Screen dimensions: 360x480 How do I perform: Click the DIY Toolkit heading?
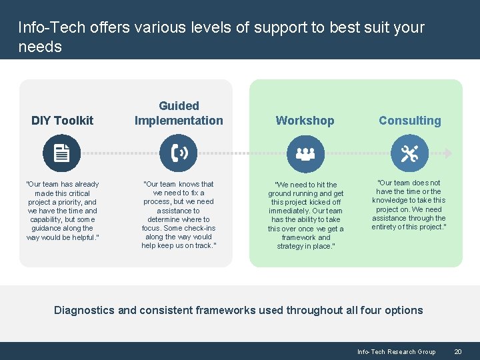63,121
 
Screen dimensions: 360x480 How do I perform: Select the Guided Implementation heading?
179,113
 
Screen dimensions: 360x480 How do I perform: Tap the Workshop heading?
305,121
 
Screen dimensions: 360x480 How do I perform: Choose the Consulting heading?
410,121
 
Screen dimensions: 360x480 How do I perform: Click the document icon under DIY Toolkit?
61,153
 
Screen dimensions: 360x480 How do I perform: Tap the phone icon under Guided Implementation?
179,153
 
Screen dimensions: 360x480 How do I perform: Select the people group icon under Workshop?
305,153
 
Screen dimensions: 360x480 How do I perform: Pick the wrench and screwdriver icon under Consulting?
409,153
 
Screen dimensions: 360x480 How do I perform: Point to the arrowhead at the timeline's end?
448,153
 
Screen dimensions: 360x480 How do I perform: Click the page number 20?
457,351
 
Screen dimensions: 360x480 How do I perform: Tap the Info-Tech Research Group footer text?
396,351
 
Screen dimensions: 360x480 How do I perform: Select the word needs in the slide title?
40,47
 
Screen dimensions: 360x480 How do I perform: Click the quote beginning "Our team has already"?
62,211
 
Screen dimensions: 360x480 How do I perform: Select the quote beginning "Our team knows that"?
179,215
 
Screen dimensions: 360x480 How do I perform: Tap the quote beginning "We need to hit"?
305,215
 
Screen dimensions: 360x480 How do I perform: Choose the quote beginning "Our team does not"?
409,205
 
